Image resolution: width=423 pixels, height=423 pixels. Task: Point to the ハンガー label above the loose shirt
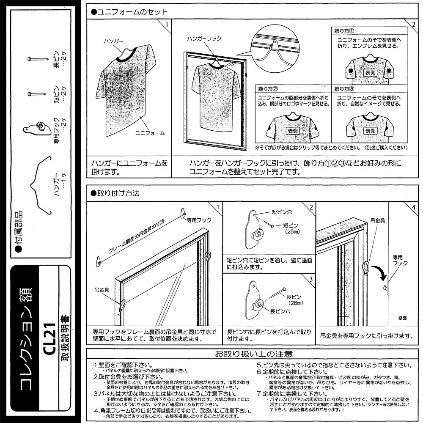pos(113,42)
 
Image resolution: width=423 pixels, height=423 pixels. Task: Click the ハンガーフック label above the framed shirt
pos(204,38)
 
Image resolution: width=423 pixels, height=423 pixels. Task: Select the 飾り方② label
pos(268,89)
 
